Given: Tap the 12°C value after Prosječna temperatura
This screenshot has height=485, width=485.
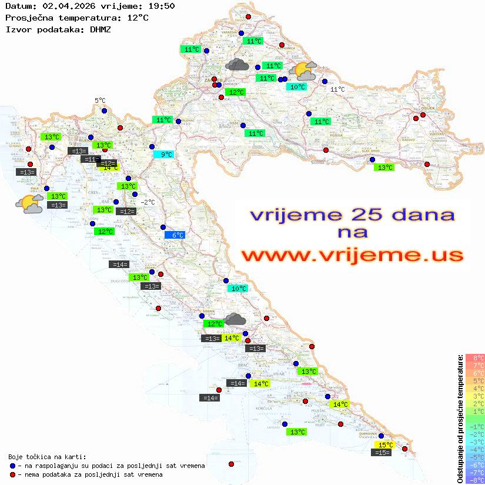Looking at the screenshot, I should tap(138, 18).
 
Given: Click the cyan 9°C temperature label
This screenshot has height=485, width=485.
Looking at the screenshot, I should tap(163, 155).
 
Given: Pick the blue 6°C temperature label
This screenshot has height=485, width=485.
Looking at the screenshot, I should tap(175, 235).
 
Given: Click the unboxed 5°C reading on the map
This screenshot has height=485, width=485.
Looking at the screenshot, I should tap(100, 101).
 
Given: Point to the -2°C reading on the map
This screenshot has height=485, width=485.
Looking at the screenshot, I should tap(148, 202).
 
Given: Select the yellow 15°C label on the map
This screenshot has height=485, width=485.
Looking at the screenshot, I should tap(385, 445).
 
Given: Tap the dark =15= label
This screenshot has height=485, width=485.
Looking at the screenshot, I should tap(381, 453).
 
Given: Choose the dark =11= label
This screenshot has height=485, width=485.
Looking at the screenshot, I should tap(91, 159).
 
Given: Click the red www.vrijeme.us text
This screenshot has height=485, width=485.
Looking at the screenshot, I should tap(352, 256).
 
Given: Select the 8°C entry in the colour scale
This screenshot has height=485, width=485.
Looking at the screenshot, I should tap(475, 357).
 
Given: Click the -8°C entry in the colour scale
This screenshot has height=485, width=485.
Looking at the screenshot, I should tap(475, 480).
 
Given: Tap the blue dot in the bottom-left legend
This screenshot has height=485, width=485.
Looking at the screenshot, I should tap(12, 466).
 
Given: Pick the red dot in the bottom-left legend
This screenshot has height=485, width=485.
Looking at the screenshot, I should tap(12, 474).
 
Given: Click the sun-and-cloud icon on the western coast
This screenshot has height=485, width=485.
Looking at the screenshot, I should tap(29, 204).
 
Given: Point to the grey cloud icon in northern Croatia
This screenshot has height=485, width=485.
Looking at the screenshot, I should tap(236, 64).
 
